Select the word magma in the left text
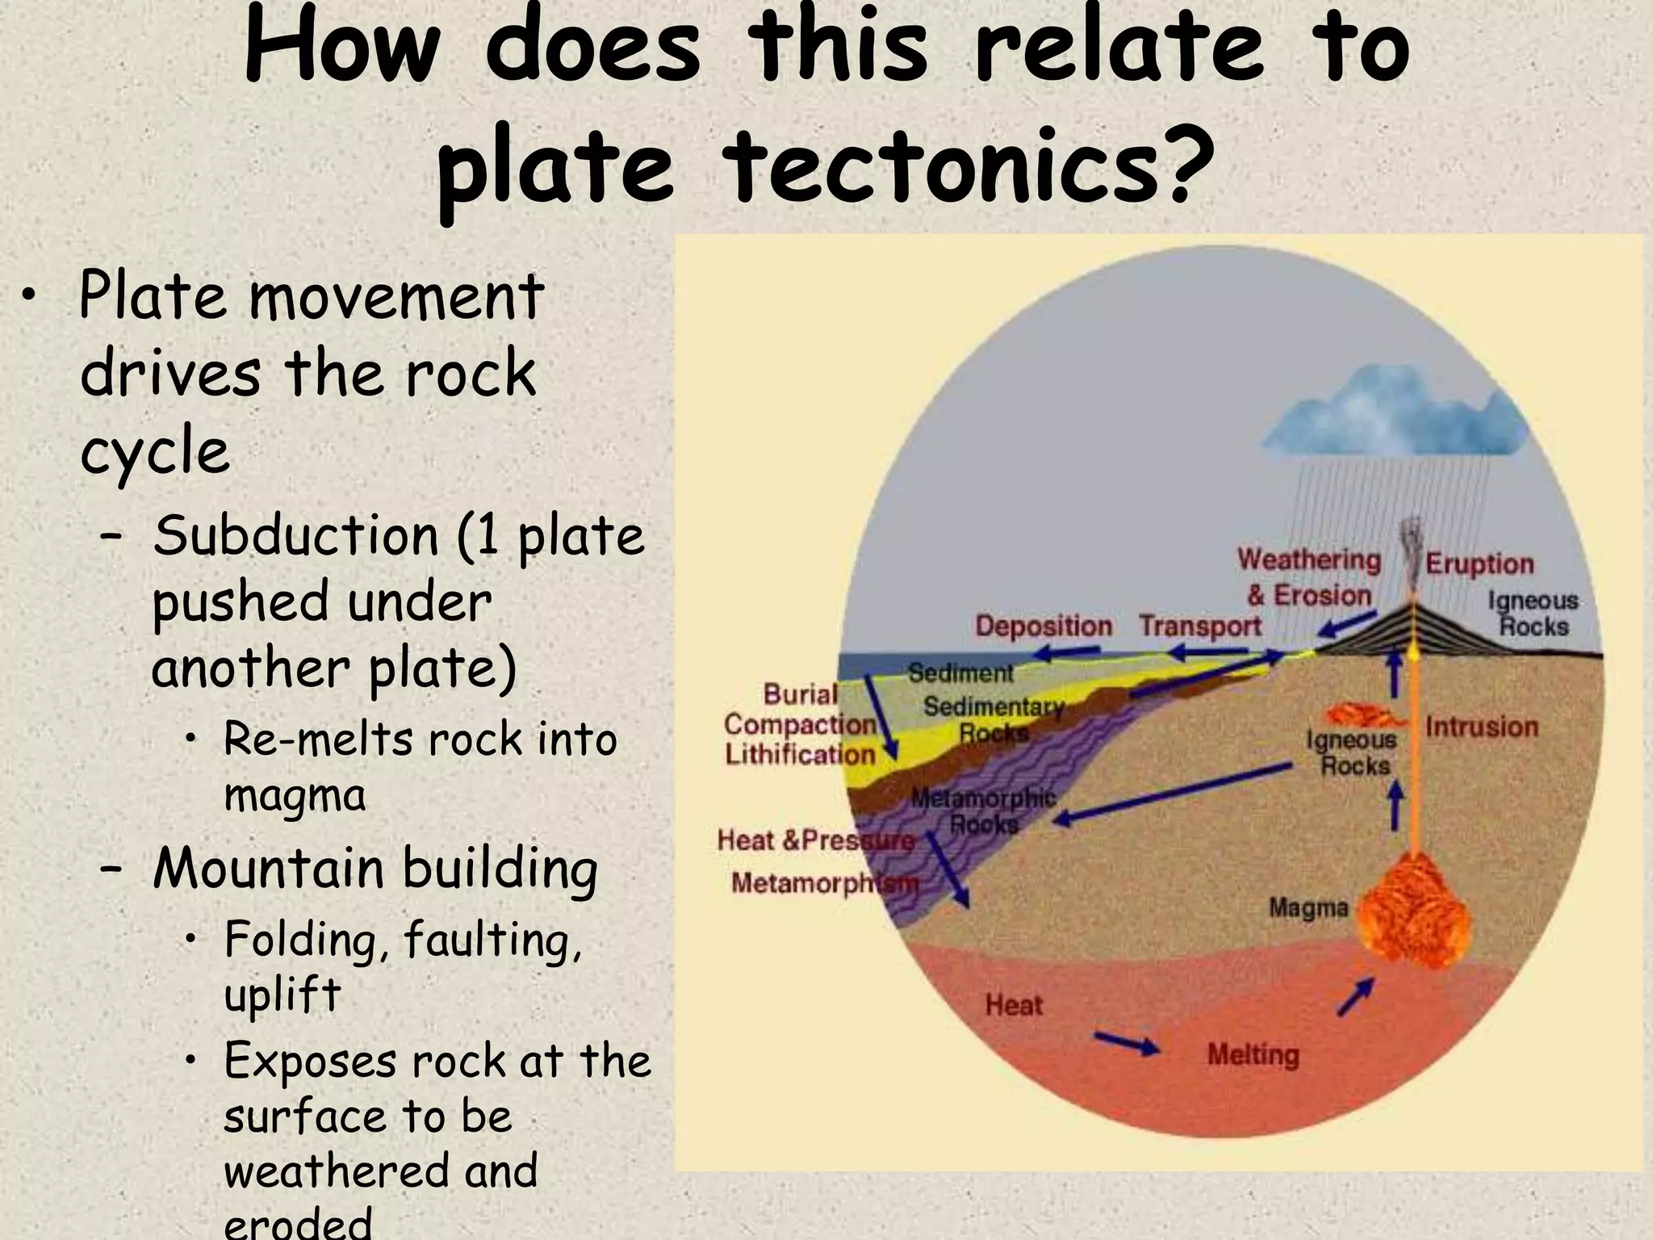click(295, 795)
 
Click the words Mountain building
click(375, 869)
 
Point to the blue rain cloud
click(1396, 424)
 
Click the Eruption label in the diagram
click(1479, 563)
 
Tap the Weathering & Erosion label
click(1308, 577)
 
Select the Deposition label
click(1043, 626)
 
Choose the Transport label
click(1200, 626)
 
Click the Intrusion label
click(1482, 727)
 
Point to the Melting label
click(1253, 1054)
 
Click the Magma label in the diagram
click(1308, 907)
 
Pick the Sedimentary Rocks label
click(993, 719)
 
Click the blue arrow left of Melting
click(1127, 1043)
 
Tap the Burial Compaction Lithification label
click(799, 724)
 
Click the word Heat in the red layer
click(1014, 1005)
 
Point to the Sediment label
click(960, 672)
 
